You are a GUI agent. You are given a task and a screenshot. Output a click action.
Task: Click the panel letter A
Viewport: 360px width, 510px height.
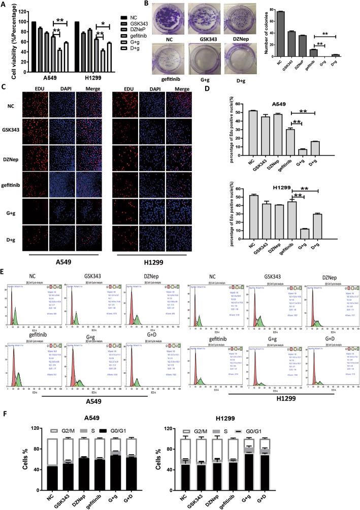[5, 5]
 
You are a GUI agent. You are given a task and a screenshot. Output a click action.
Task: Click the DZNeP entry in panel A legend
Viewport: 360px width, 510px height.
[130, 25]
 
